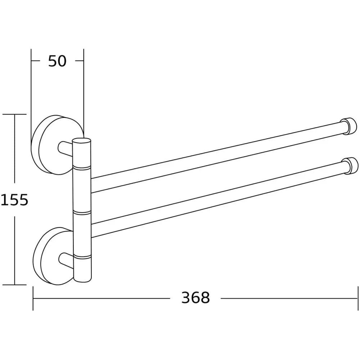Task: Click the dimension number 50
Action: [58, 61]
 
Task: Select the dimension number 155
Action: [14, 199]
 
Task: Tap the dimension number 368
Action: [195, 298]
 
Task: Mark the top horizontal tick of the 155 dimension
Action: [14, 114]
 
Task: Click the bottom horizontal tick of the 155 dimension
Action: [14, 285]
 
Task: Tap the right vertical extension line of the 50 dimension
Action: [84, 90]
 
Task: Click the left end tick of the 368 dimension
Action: [33, 298]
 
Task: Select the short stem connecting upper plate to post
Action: [65, 148]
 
